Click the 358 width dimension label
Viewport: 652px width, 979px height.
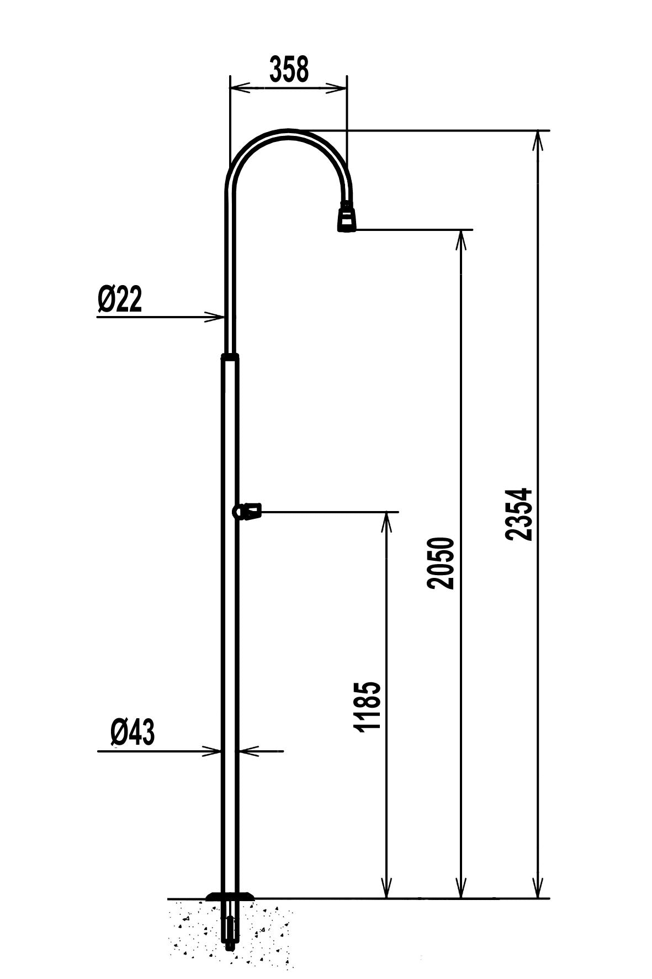[289, 70]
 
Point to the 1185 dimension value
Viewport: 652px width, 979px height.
[367, 706]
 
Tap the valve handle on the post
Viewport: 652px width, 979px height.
[247, 511]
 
